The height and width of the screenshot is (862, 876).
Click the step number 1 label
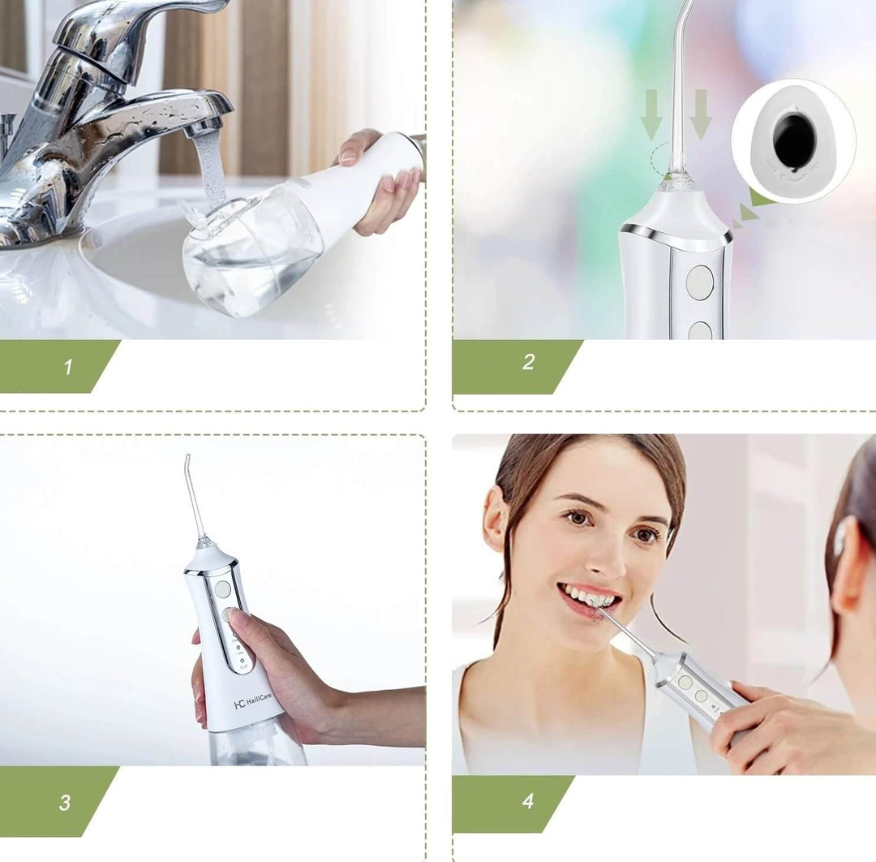(x=67, y=367)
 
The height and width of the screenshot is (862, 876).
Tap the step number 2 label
(x=528, y=363)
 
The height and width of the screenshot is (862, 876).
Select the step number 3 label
(x=65, y=803)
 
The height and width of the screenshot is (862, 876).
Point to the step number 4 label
(x=528, y=801)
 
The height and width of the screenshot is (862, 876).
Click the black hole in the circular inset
(x=794, y=140)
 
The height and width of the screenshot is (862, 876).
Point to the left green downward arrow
(x=651, y=114)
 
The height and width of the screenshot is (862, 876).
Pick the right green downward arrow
(x=701, y=114)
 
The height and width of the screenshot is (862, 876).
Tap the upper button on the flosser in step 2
(x=699, y=282)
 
